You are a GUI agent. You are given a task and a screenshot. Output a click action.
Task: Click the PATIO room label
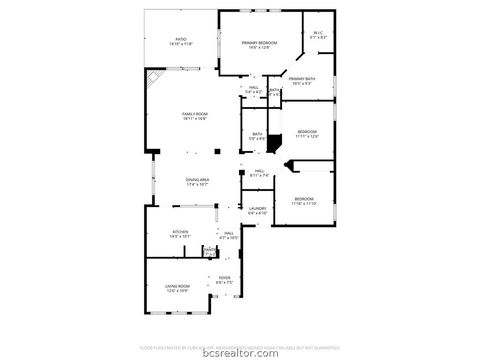tap(181, 42)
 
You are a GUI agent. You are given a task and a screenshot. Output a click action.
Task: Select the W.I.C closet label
tap(317, 35)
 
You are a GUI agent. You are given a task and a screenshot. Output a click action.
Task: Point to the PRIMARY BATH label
tap(303, 80)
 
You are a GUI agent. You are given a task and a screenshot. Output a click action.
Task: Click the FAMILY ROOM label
tap(195, 117)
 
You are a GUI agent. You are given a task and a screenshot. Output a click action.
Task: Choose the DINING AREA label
tap(197, 181)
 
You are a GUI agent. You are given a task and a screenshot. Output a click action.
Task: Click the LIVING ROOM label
tap(178, 287)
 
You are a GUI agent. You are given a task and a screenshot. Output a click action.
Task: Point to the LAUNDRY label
tap(258, 210)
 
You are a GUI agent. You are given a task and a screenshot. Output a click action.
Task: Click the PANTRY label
tap(210, 249)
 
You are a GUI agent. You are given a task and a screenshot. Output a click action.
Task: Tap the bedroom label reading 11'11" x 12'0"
tap(306, 134)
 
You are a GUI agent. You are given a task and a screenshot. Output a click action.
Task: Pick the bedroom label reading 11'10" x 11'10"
tap(304, 201)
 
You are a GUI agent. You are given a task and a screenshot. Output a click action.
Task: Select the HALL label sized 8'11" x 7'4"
tap(259, 173)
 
